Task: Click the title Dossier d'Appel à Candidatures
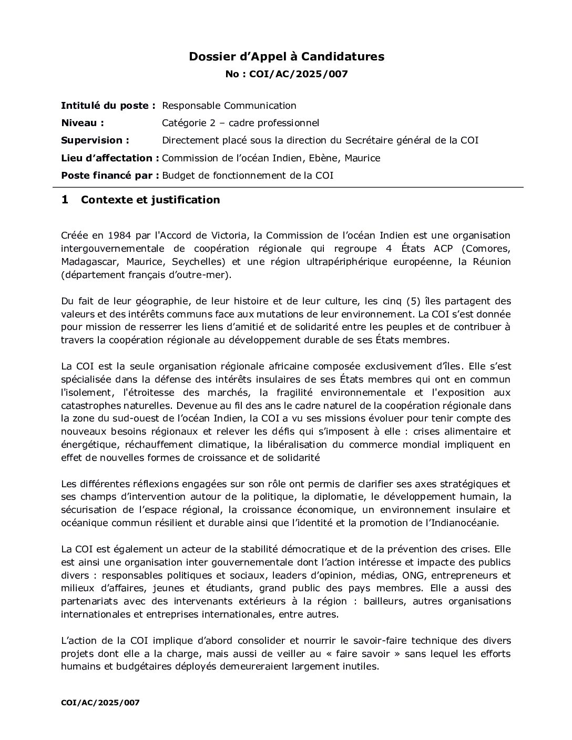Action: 287,57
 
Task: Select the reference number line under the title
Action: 287,74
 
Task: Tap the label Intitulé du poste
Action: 108,106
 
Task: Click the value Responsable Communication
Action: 229,106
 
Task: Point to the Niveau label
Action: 83,123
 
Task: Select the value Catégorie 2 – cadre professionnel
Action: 240,123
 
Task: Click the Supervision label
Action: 95,140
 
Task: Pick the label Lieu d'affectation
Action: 110,158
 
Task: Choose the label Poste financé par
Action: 110,176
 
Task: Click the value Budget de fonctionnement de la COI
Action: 248,176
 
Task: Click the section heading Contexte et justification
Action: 150,200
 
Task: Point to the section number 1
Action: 65,200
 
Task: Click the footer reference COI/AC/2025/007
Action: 100,702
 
